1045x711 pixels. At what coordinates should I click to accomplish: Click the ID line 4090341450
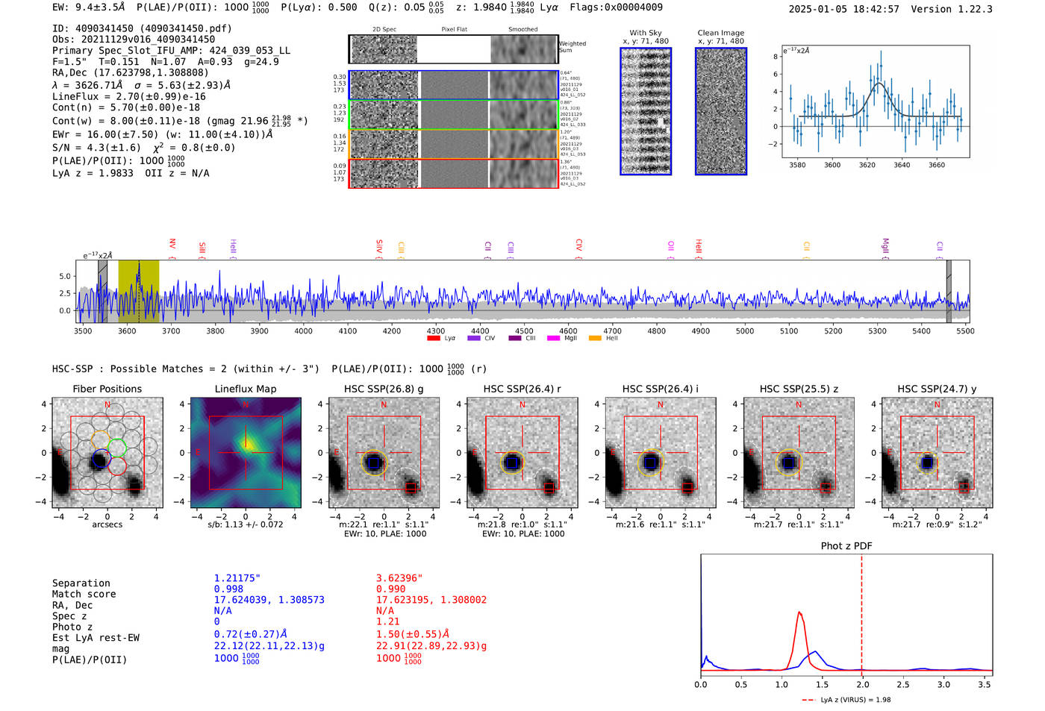[142, 28]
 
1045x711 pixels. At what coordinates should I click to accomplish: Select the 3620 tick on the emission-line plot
[867, 165]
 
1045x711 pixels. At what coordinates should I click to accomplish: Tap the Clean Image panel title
[720, 33]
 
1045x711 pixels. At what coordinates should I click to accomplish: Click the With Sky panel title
[645, 33]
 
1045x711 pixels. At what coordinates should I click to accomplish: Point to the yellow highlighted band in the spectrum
[139, 291]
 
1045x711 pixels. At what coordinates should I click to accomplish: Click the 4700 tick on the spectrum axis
[612, 331]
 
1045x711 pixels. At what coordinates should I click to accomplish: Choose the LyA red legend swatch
[433, 339]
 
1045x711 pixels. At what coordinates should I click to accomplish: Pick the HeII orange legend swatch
[595, 339]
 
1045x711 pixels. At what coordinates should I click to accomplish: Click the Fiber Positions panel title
[107, 389]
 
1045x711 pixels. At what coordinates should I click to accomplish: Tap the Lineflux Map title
[246, 389]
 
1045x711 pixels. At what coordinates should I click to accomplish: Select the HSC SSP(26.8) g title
[384, 389]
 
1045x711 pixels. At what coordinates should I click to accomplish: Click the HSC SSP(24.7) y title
[937, 389]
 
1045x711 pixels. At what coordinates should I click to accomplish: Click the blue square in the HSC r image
[512, 463]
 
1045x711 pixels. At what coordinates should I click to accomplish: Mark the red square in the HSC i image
[687, 488]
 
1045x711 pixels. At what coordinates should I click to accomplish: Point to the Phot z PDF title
[846, 546]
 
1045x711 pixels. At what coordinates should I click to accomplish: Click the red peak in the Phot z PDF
[799, 613]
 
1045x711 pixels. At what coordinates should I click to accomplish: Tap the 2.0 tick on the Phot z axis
[862, 684]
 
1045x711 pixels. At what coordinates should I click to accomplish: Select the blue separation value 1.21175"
[237, 578]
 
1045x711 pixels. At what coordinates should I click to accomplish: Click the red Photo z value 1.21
[387, 621]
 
